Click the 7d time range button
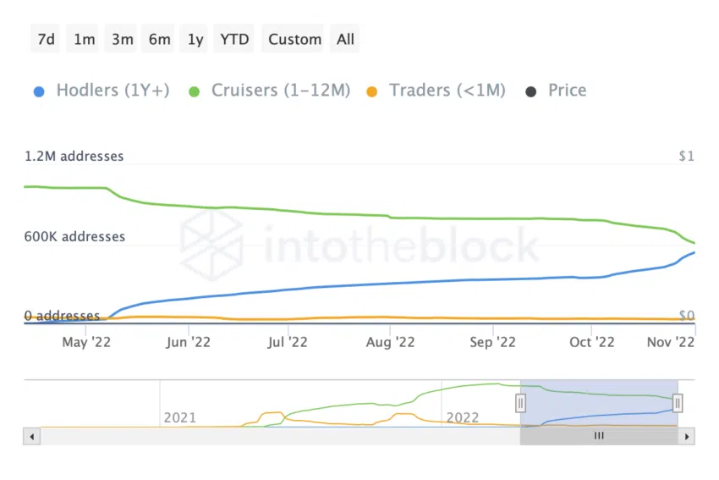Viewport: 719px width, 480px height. click(x=47, y=39)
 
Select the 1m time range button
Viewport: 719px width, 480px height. click(x=85, y=39)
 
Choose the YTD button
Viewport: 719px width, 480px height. click(x=234, y=39)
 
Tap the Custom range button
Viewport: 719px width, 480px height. click(x=294, y=39)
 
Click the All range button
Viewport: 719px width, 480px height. click(x=345, y=39)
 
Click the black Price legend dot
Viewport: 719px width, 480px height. click(x=531, y=91)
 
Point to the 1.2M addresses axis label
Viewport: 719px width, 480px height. click(x=74, y=157)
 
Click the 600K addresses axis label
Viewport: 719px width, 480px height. click(x=74, y=237)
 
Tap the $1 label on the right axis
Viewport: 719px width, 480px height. click(x=685, y=157)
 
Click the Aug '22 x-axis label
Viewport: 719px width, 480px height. click(x=390, y=343)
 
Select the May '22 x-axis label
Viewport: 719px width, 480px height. click(x=87, y=343)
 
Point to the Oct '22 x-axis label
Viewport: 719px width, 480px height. click(x=591, y=343)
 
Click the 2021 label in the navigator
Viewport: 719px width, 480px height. click(x=179, y=417)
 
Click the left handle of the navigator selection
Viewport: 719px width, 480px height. click(x=521, y=403)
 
